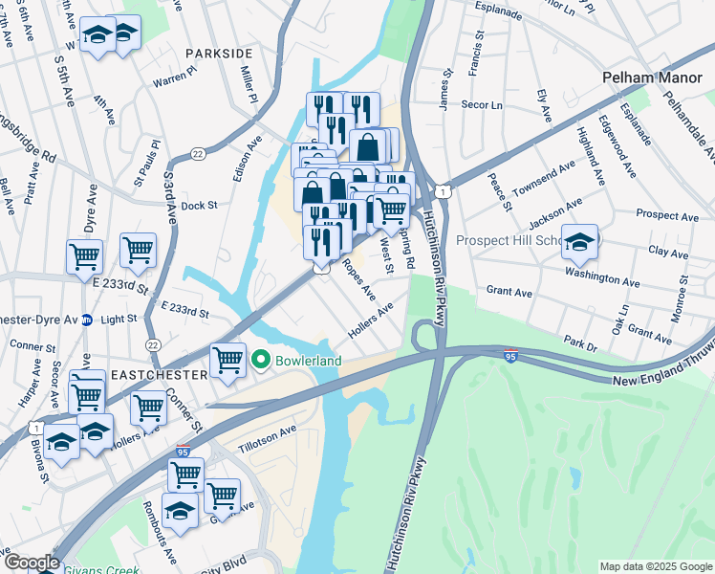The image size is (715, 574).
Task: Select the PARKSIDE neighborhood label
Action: pyautogui.click(x=219, y=53)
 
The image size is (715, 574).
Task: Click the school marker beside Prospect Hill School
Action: pyautogui.click(x=579, y=242)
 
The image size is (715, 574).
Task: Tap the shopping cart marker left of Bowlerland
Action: pyautogui.click(x=227, y=361)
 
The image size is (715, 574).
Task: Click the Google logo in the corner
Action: pyautogui.click(x=31, y=563)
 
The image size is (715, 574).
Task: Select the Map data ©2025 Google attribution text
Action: pyautogui.click(x=655, y=566)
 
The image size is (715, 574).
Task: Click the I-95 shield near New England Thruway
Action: pyautogui.click(x=512, y=354)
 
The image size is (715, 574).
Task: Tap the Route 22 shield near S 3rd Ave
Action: pyautogui.click(x=198, y=153)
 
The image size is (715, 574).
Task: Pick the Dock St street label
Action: pyautogui.click(x=199, y=205)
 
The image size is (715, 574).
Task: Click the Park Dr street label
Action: pyautogui.click(x=580, y=340)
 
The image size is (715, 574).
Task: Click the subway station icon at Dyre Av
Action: pyautogui.click(x=86, y=320)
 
